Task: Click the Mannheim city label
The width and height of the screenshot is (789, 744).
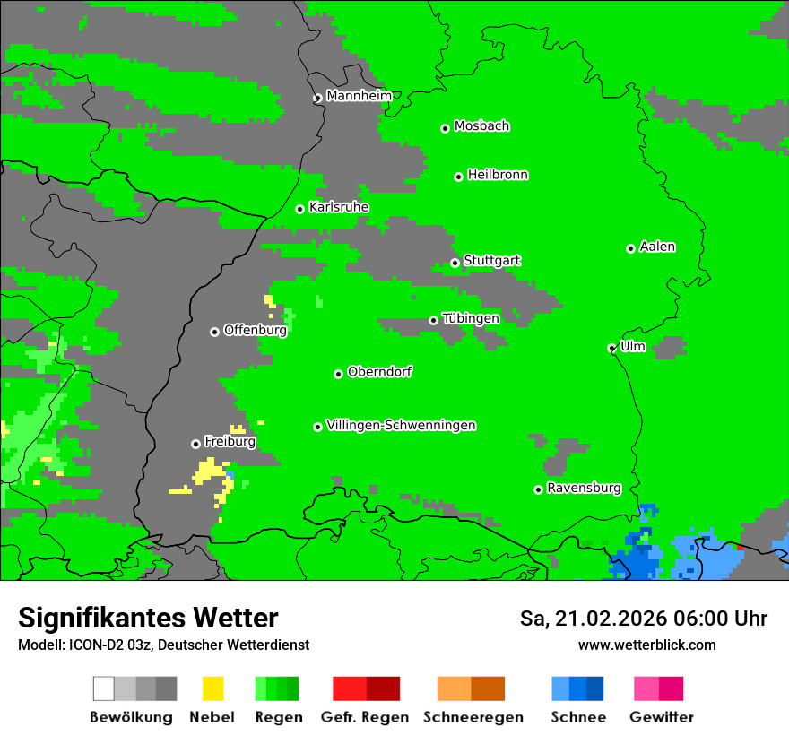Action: tap(359, 96)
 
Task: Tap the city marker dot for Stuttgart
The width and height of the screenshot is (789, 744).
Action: tap(455, 263)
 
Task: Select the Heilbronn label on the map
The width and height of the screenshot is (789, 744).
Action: tap(498, 175)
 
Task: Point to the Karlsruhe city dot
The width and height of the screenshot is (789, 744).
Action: tap(299, 209)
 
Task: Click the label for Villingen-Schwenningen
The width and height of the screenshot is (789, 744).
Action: tap(401, 425)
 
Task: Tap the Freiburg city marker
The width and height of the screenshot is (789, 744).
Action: tap(195, 444)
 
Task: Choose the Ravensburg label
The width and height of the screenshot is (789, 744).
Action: tap(584, 488)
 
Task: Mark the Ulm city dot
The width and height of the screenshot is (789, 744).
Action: tap(611, 348)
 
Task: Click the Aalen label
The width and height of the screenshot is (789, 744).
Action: tap(657, 247)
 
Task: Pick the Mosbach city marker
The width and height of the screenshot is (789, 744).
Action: tap(445, 128)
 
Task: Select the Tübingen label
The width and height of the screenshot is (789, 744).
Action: tap(471, 318)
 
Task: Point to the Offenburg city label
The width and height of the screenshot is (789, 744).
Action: tap(255, 330)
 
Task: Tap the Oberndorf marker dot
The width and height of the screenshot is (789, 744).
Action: tap(338, 374)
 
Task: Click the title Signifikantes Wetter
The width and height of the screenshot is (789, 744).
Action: tap(148, 618)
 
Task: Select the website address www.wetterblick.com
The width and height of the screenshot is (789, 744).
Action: tap(646, 645)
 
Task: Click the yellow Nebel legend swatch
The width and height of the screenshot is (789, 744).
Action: tap(212, 688)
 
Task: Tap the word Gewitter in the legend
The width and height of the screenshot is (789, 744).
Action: tap(661, 717)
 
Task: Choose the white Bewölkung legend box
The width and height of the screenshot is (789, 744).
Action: tap(103, 688)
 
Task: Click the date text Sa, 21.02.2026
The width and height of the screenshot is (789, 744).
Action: tap(594, 619)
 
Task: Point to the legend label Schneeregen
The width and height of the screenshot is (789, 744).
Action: tap(473, 717)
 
